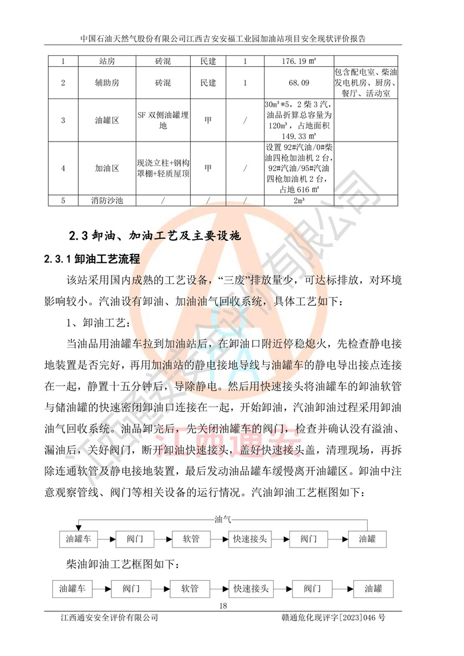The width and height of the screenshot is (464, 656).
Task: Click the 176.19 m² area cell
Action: coord(298,60)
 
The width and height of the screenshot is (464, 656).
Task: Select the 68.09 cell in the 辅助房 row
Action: coord(298,83)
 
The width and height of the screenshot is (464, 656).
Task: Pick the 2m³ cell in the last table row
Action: coord(298,201)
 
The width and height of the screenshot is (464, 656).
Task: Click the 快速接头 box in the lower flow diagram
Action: coord(251,589)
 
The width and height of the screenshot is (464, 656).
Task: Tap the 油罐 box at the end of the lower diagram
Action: coord(374,589)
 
